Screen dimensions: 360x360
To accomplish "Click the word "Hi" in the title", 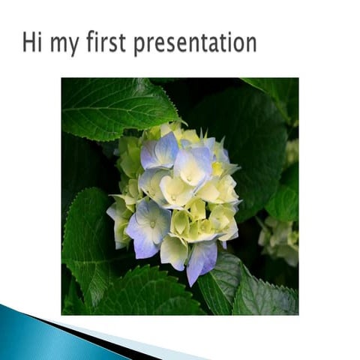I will coord(31,42).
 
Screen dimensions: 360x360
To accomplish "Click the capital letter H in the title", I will coord(28,42).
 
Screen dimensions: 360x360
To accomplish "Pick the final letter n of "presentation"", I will coord(251,44).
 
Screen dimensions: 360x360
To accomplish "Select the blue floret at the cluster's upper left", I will coord(159,151).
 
